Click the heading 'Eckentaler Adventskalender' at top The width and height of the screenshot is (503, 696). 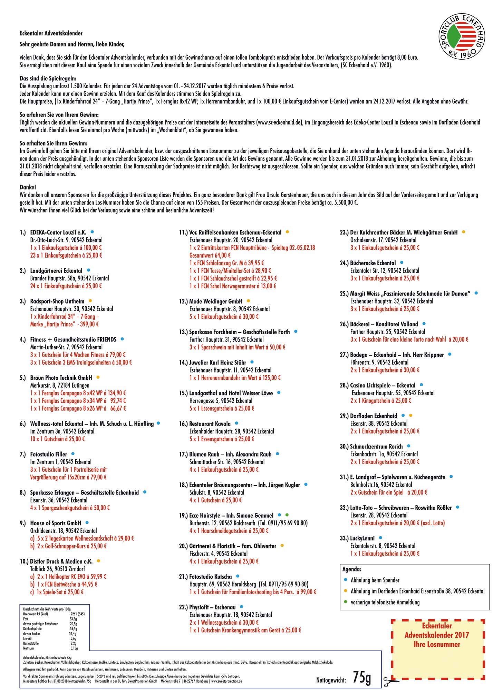pyautogui.click(x=51, y=33)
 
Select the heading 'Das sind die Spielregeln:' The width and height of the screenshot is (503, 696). pyautogui.click(x=48, y=79)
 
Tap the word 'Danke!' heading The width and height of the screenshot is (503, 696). pyautogui.click(x=28, y=187)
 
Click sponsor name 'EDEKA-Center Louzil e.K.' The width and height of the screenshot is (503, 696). pyautogui.click(x=58, y=232)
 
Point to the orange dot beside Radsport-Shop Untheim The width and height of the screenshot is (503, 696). pyautogui.click(x=90, y=301)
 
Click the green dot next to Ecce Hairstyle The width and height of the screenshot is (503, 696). pyautogui.click(x=287, y=515)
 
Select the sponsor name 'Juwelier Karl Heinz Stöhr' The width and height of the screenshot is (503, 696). pyautogui.click(x=217, y=362)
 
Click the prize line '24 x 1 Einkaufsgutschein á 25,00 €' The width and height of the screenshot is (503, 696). pyautogui.click(x=66, y=286)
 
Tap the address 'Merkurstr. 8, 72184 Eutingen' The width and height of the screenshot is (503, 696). pyautogui.click(x=60, y=385)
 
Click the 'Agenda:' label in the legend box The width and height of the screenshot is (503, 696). pyautogui.click(x=352, y=569)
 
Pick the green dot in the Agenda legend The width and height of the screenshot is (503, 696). pyautogui.click(x=346, y=602)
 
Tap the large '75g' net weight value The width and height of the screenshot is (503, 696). pyautogui.click(x=362, y=678)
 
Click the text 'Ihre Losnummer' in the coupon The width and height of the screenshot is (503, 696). pyautogui.click(x=437, y=644)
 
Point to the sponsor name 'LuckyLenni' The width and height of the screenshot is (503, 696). pyautogui.click(x=362, y=538)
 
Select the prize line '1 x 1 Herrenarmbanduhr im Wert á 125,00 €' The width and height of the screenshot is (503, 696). pyautogui.click(x=235, y=378)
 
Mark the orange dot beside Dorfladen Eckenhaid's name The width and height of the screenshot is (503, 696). pyautogui.click(x=410, y=416)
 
